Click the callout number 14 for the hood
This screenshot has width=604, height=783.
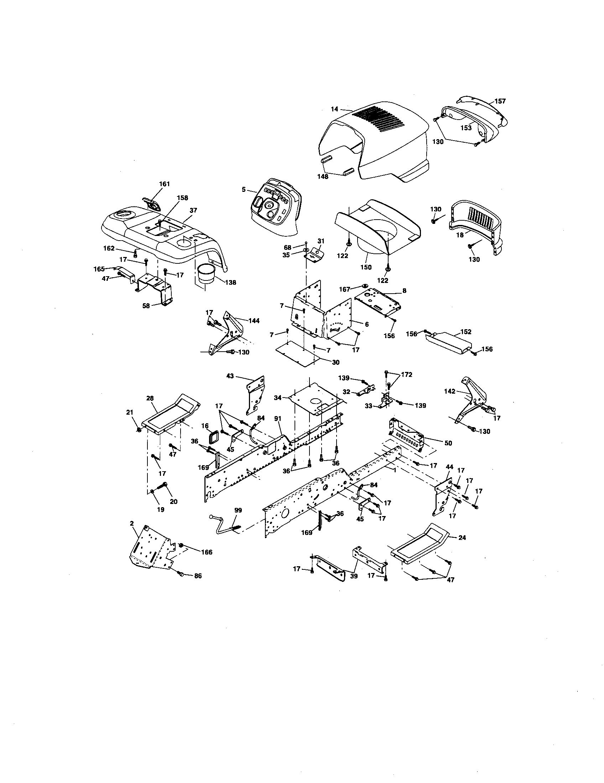334,108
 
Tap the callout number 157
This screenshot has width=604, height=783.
500,101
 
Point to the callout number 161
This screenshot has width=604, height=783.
164,184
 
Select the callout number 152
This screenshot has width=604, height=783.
465,332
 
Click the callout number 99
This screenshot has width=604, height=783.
238,510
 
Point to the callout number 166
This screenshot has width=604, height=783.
207,552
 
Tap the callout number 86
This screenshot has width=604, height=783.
198,576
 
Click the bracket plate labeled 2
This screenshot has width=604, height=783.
151,547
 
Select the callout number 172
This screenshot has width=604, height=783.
407,375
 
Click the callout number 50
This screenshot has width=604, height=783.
448,443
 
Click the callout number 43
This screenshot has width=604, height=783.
230,376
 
